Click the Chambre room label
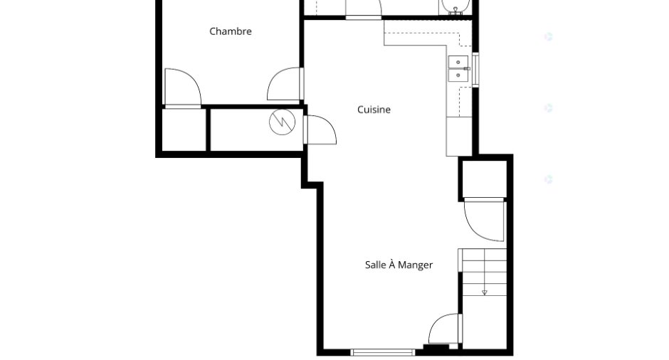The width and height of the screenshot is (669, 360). [231, 31]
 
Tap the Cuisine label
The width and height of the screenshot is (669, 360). [374, 110]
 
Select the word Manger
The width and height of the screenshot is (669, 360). [415, 265]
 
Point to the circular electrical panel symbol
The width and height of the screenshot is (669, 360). [282, 122]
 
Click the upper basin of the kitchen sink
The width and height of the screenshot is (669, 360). [458, 63]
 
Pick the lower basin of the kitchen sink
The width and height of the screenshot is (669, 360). [458, 75]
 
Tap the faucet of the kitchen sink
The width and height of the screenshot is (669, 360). [467, 69]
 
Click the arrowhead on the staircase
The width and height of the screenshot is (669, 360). [485, 292]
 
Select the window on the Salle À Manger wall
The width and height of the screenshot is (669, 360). [383, 352]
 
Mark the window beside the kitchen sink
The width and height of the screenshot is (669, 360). [475, 69]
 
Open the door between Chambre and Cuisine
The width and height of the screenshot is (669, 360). [285, 84]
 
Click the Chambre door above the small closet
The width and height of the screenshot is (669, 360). [183, 88]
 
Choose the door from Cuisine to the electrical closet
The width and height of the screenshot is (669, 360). [320, 129]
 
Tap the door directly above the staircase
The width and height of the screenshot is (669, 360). [484, 220]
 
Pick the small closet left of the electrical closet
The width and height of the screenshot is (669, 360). [184, 129]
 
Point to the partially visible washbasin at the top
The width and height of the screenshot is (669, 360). [455, 7]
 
